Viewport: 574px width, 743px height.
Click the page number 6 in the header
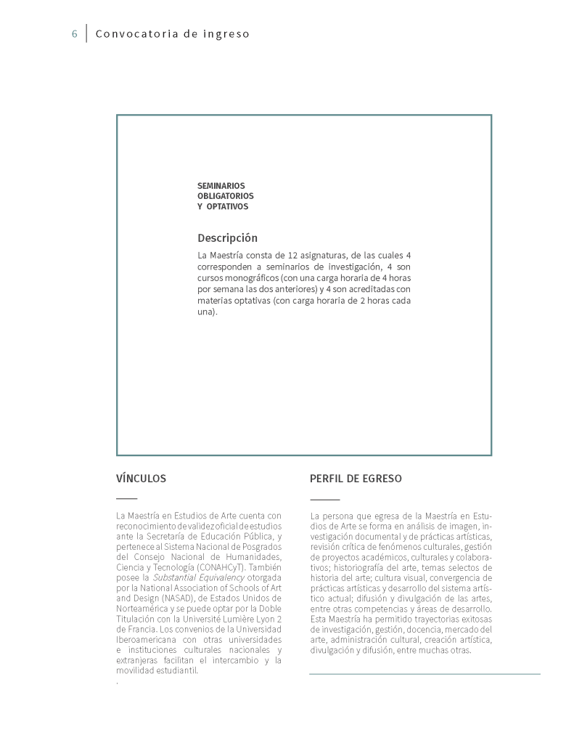tap(74, 34)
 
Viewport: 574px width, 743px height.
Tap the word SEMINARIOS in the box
tap(221, 186)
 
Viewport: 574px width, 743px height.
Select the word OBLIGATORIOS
tap(226, 196)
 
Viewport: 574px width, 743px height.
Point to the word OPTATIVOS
tap(227, 206)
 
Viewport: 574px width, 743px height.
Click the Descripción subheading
tap(227, 238)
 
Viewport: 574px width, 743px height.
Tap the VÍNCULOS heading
tap(141, 479)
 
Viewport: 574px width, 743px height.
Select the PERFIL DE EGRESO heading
tap(356, 479)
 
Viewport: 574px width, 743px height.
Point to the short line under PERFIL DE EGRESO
tap(324, 500)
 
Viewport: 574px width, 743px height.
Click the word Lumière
tap(237, 618)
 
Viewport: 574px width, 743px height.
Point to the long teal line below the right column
tap(425, 674)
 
